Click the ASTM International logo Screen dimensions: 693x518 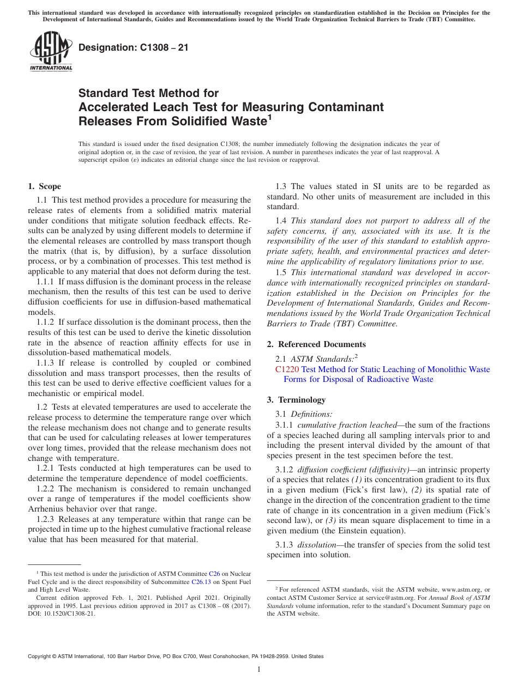pyautogui.click(x=51, y=52)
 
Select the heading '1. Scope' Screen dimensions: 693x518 pyautogui.click(x=44, y=186)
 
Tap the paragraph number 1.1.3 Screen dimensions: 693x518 pyautogui.click(x=46, y=363)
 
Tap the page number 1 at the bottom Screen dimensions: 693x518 pyautogui.click(x=259, y=670)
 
